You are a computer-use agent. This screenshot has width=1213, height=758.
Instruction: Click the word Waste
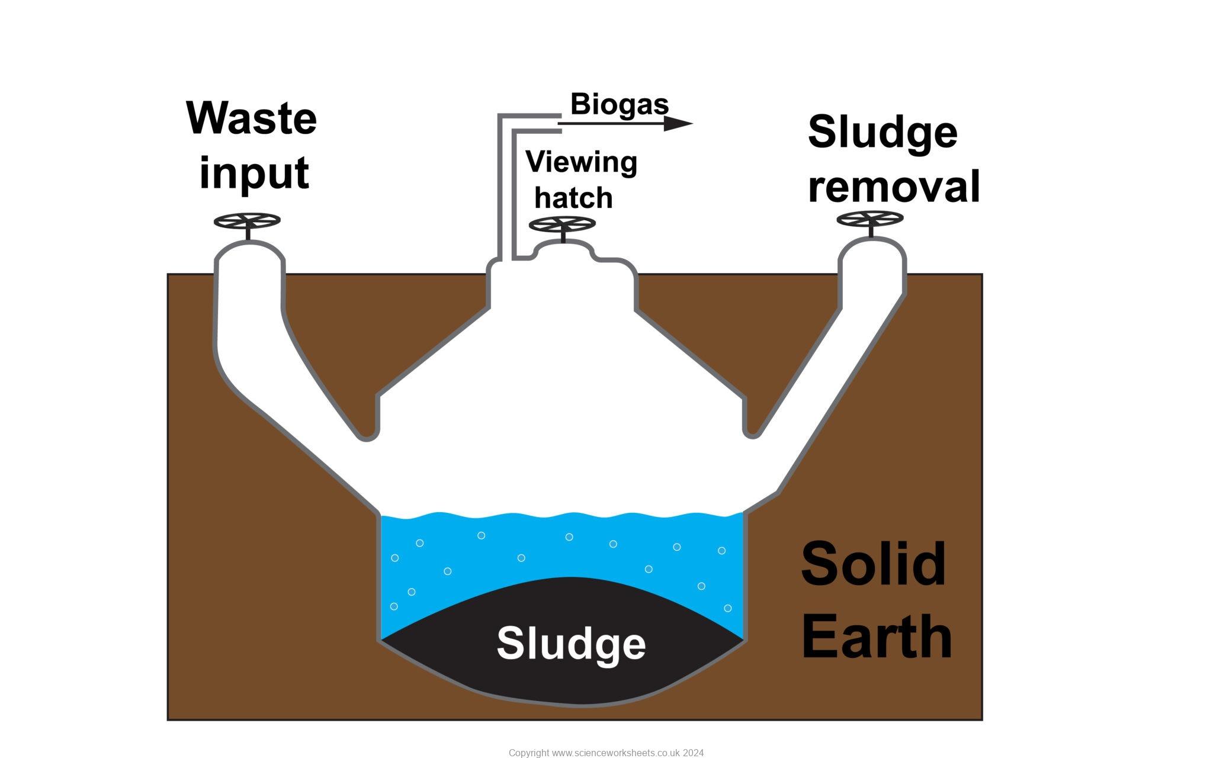(252, 118)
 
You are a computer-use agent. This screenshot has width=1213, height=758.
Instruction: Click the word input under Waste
(254, 173)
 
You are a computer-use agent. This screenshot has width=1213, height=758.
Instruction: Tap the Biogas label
(620, 105)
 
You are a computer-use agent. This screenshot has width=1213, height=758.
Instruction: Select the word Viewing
(581, 162)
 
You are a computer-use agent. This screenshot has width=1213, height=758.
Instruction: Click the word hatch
(573, 198)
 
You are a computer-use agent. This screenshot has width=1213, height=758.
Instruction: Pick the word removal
(894, 187)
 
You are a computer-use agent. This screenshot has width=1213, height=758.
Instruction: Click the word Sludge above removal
(883, 133)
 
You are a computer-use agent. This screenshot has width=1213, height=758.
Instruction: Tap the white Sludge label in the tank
(571, 643)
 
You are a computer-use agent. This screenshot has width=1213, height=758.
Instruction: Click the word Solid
(874, 564)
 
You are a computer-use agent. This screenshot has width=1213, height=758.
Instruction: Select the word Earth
(877, 637)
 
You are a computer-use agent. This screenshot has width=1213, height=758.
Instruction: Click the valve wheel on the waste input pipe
(247, 221)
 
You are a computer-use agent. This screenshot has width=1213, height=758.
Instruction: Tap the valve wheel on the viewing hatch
(562, 224)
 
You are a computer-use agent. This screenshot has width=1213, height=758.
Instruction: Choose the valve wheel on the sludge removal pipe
(870, 219)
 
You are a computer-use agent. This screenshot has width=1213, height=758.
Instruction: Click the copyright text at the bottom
(606, 753)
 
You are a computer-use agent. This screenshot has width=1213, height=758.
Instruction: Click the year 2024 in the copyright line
(693, 753)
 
